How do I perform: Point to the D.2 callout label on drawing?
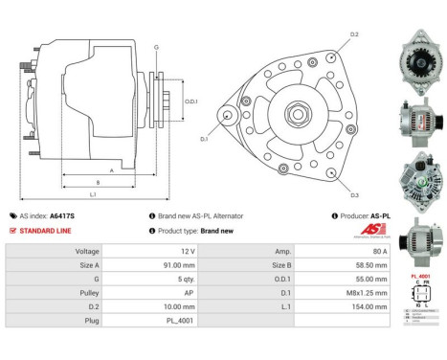click(x=353, y=34)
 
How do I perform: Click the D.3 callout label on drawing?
click(x=353, y=195)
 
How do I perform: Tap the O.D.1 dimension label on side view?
click(x=190, y=101)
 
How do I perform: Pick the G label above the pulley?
click(x=156, y=46)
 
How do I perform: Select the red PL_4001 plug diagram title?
click(x=419, y=276)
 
